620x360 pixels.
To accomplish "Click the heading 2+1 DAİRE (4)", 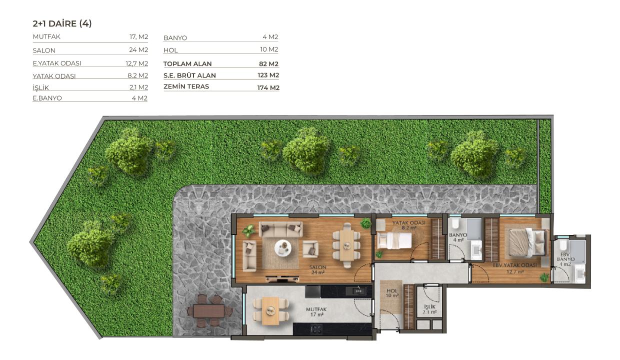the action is click(x=62, y=23).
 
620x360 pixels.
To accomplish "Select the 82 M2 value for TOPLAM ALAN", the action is click(x=268, y=64).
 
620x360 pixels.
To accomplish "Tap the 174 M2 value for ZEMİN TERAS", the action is click(x=268, y=87).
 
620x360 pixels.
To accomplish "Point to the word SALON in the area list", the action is click(x=44, y=50).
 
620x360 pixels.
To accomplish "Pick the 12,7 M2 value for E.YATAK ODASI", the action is click(x=136, y=63).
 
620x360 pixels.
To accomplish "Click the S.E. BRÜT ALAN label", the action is click(x=189, y=75).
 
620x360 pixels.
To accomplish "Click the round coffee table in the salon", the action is click(x=282, y=247).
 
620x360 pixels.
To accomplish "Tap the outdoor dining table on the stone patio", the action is click(x=209, y=310).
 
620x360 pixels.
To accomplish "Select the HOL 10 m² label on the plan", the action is click(x=392, y=293).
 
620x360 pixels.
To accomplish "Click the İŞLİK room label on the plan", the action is click(x=429, y=306).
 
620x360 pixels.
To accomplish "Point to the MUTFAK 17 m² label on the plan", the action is click(x=316, y=312).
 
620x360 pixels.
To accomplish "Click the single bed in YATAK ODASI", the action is click(x=394, y=240).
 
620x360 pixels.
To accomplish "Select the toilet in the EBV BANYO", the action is click(x=563, y=245).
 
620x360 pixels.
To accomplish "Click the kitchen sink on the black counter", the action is click(x=358, y=291).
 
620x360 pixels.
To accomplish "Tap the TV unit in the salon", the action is click(x=282, y=278).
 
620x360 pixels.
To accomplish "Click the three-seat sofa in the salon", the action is click(x=280, y=229).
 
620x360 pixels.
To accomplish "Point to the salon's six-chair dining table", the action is click(x=346, y=245).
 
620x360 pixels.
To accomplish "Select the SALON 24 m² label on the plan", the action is click(x=318, y=270).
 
